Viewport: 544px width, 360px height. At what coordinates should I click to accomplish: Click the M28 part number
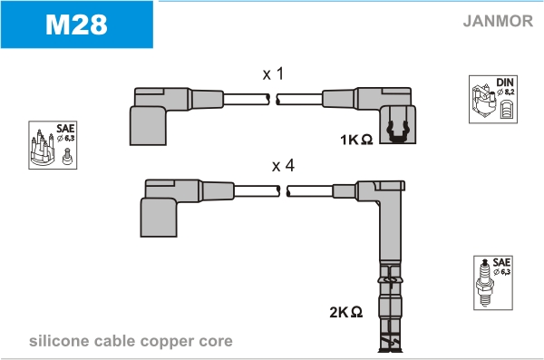pyautogui.click(x=76, y=24)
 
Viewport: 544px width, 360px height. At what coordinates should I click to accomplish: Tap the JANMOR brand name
pyautogui.click(x=498, y=21)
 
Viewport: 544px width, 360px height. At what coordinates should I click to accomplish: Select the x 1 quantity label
pyautogui.click(x=274, y=73)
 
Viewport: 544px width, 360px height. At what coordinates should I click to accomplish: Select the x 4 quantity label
pyautogui.click(x=283, y=165)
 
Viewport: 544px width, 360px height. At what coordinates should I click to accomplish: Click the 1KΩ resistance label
pyautogui.click(x=356, y=140)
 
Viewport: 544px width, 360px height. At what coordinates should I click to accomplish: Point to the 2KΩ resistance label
pyautogui.click(x=346, y=312)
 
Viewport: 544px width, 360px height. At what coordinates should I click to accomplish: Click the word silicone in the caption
pyautogui.click(x=59, y=341)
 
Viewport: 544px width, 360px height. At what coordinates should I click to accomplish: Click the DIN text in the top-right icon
pyautogui.click(x=505, y=83)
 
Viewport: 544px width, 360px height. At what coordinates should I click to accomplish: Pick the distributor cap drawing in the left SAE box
pyautogui.click(x=43, y=148)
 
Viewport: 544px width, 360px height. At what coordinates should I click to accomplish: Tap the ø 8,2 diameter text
pyautogui.click(x=505, y=92)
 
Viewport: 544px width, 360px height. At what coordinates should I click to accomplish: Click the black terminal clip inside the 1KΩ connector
pyautogui.click(x=398, y=131)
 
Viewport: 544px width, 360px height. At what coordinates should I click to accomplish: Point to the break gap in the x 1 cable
pyautogui.click(x=273, y=100)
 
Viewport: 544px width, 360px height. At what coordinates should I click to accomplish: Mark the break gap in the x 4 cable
pyautogui.click(x=284, y=191)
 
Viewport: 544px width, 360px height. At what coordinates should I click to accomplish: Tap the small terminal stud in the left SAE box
pyautogui.click(x=67, y=156)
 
